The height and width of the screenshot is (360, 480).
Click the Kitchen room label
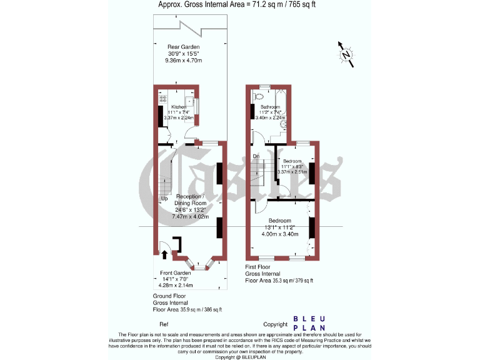tap(179, 107)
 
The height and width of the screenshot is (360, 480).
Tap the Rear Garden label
tap(182, 47)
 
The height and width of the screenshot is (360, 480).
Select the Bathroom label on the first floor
tap(270, 107)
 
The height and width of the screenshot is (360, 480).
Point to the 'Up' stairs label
tap(164, 199)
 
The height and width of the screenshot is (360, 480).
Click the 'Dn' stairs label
tap(256, 156)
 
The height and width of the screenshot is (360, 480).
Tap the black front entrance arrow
tap(165, 253)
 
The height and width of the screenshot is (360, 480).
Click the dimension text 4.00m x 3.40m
tap(279, 234)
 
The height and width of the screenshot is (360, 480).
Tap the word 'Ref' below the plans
tap(164, 324)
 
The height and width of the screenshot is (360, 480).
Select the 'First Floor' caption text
tap(259, 267)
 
